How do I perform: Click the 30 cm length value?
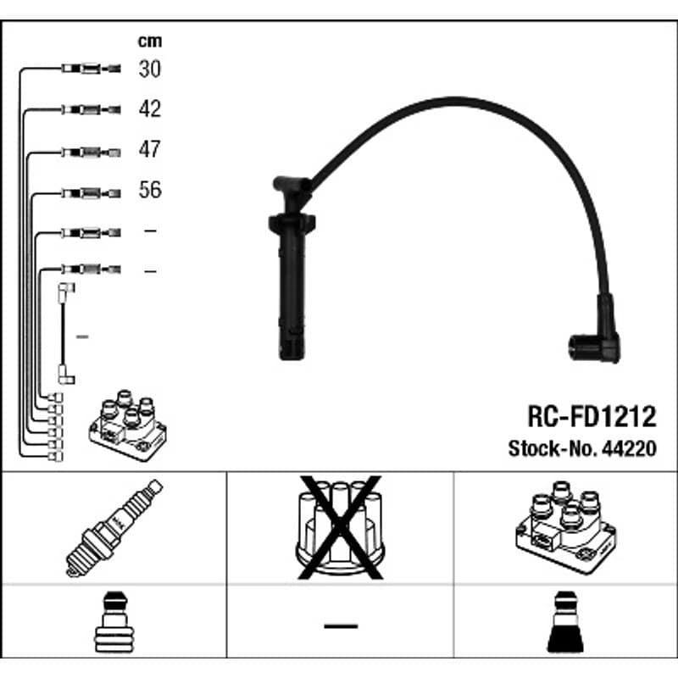(150, 69)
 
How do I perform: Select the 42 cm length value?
(150, 108)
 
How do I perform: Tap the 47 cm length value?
(150, 149)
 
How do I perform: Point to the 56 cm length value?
(150, 189)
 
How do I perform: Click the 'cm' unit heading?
(150, 41)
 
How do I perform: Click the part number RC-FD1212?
(592, 416)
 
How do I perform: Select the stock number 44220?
(629, 448)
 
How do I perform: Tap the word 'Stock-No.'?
(553, 448)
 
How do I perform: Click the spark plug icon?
(114, 528)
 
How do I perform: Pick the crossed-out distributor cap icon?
(340, 527)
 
